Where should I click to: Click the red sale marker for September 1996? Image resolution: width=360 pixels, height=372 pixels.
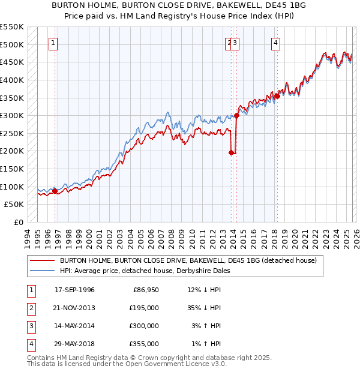click(x=55, y=191)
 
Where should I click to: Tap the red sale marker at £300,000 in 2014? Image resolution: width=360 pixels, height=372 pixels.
click(x=236, y=115)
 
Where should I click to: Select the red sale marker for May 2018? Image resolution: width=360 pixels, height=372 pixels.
click(x=277, y=96)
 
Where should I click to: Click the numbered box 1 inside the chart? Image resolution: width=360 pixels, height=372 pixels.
click(x=54, y=43)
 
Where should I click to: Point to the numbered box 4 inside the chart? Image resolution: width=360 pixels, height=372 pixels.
click(x=275, y=43)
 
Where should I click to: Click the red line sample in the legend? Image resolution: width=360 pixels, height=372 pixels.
click(x=42, y=260)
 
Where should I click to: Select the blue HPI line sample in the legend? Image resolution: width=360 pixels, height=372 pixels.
click(x=42, y=271)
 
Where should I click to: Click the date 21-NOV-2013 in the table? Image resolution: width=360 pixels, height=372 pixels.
click(x=74, y=308)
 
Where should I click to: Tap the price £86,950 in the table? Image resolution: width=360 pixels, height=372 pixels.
click(x=144, y=290)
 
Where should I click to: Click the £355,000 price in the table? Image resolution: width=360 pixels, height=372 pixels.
click(x=144, y=344)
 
